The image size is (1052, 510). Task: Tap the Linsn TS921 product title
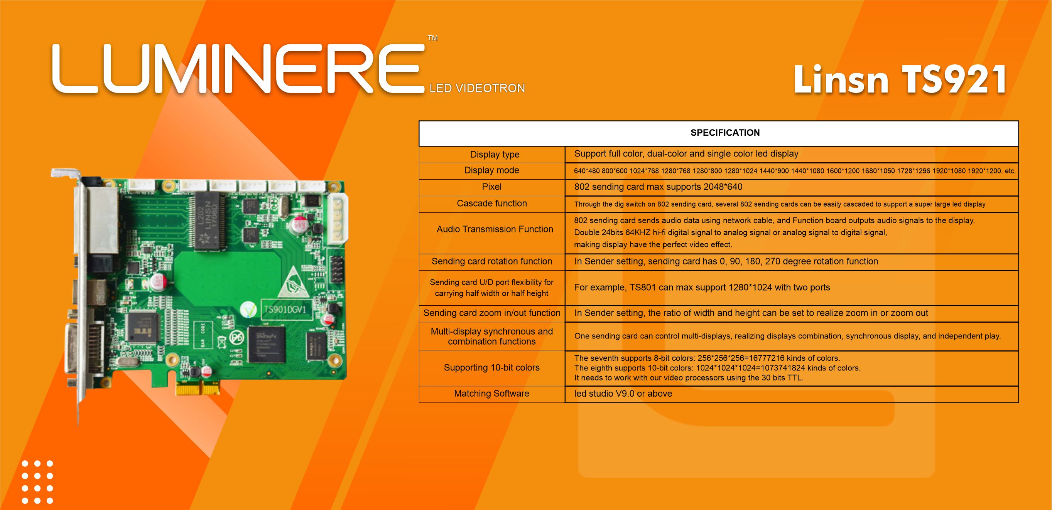point(900,79)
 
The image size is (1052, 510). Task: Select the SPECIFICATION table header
point(725,133)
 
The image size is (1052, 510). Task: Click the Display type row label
point(495,155)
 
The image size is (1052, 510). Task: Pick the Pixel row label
point(492,187)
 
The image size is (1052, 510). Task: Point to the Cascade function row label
point(492,203)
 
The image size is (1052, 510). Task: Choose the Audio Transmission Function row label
point(495,229)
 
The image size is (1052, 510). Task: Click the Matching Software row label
point(491,393)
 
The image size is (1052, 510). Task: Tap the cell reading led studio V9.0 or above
point(623,394)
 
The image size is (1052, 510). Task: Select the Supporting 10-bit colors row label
point(492,368)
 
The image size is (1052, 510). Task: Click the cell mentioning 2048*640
point(658,187)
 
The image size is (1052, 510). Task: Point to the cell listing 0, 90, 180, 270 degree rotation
point(726,261)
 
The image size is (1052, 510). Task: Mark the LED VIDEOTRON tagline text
point(477,88)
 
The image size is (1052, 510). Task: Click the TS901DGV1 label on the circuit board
point(285,310)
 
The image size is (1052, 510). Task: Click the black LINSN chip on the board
point(210,220)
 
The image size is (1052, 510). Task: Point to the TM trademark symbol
point(432,38)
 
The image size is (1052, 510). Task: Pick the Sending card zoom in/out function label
point(492,313)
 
